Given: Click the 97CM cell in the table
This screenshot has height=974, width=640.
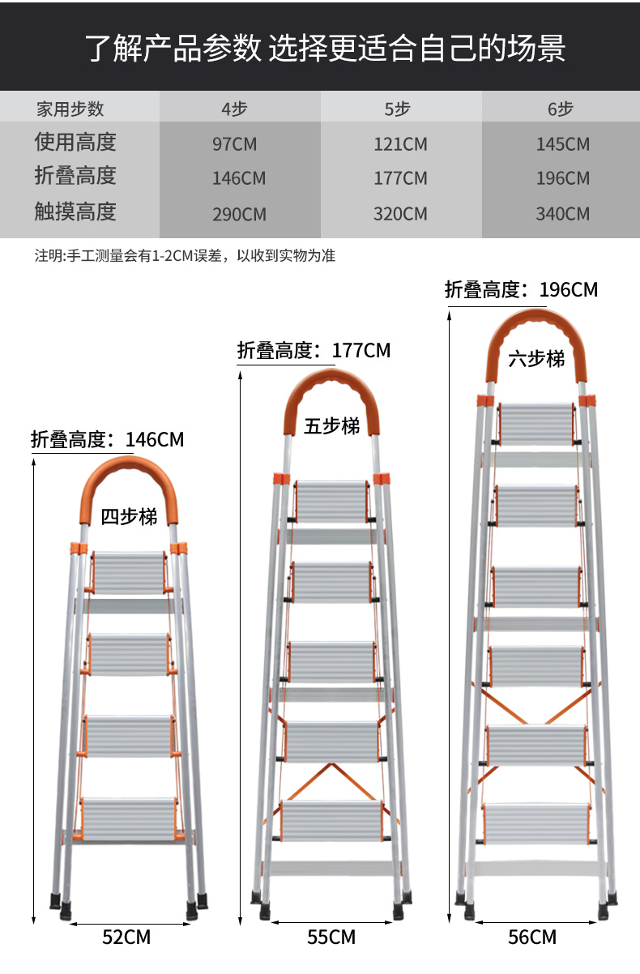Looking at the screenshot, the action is pos(235,144).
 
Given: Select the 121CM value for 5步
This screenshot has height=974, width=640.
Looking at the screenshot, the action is pos(400,144).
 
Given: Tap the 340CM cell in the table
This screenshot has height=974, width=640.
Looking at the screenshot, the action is pos(562,214).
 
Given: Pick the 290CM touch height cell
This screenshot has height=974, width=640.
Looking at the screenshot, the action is pos(239,215).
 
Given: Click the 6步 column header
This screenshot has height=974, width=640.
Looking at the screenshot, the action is pos(561,109).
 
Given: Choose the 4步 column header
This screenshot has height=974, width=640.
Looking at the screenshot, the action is pos(234,109).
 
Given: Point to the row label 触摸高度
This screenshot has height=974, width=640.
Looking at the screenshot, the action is pos(75,211).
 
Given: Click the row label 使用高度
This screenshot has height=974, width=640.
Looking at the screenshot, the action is pos(75,142).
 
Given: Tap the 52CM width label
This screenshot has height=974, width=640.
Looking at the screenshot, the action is pos(126,937).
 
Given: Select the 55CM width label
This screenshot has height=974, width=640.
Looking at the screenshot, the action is pos(331,937).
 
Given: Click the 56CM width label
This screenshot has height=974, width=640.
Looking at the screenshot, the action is pos(532,937).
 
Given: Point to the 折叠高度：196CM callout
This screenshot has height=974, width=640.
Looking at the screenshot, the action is pos(521,289).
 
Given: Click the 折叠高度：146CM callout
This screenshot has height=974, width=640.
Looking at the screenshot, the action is pos(108,440).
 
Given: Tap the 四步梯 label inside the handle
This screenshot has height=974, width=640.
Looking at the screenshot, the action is pos(129,517).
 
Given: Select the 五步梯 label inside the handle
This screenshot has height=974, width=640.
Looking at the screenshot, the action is pos(331,425).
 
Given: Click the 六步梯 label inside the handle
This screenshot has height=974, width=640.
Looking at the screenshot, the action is pos(536,359).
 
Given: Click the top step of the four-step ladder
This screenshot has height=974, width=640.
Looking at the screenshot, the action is pos(129,573).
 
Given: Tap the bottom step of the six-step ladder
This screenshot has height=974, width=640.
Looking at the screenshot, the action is pos(537,823).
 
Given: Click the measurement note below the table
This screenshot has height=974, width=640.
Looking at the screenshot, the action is pos(185,256).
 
